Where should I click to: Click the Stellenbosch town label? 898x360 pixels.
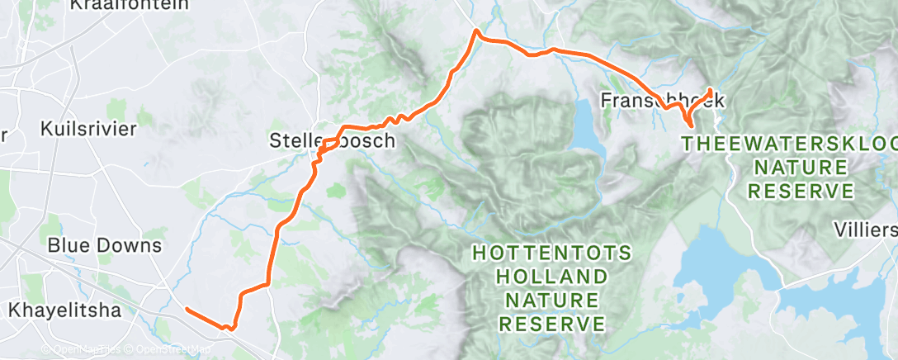click(333, 140)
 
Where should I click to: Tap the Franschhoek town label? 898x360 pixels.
click(662, 101)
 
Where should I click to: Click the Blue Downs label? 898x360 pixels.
click(104, 245)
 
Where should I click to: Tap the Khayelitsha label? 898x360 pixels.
click(64, 310)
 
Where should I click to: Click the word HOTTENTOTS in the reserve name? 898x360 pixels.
click(552, 253)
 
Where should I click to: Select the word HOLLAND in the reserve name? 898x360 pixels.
click(552, 275)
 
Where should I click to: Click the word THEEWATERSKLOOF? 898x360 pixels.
click(788, 144)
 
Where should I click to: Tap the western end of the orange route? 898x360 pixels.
click(187, 310)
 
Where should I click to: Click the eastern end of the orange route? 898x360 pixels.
click(711, 90)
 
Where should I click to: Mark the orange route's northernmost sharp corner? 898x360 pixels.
click(475, 32)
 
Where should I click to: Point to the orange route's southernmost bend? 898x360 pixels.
click(231, 329)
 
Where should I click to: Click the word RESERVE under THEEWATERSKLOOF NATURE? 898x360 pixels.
click(800, 191)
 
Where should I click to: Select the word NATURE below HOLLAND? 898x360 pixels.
click(552, 298)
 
